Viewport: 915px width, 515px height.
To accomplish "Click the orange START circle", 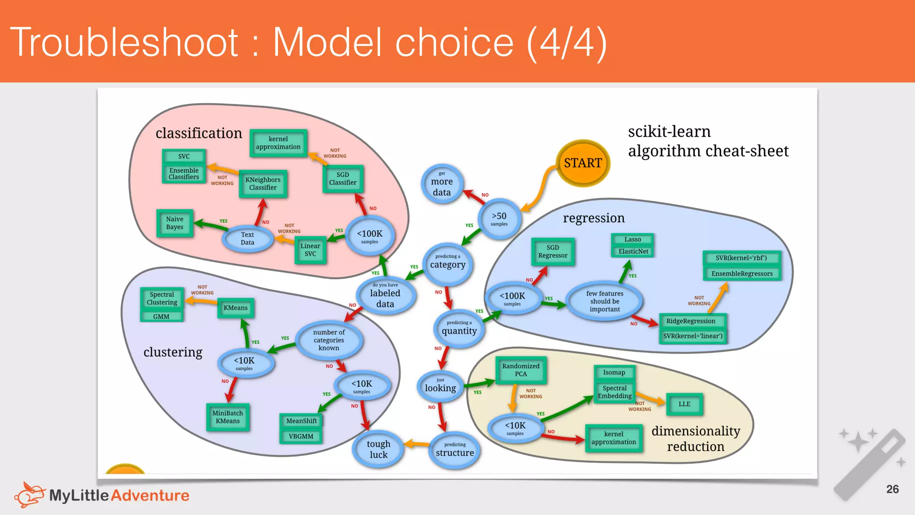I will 583,163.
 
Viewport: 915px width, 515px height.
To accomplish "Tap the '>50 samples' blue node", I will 499,219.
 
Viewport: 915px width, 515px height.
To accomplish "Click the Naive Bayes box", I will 175,223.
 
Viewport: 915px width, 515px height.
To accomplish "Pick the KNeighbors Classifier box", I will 263,184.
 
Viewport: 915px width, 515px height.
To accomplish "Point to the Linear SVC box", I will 310,249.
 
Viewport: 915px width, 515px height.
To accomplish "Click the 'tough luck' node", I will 378,449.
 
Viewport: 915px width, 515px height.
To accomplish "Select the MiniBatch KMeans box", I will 227,417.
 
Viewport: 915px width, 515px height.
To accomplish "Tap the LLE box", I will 684,404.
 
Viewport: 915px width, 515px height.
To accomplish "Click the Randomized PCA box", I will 520,370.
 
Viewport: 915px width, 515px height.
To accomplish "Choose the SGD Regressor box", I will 553,252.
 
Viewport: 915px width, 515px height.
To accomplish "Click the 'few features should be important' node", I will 604,301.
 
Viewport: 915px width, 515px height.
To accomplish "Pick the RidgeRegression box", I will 691,321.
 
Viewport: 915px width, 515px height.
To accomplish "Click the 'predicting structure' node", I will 455,450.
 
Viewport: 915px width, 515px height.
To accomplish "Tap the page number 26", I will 892,489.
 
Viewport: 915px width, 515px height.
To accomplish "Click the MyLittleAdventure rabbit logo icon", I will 29,494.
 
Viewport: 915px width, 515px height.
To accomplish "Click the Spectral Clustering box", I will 162,298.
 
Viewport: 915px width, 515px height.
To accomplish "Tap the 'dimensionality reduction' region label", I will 696,439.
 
